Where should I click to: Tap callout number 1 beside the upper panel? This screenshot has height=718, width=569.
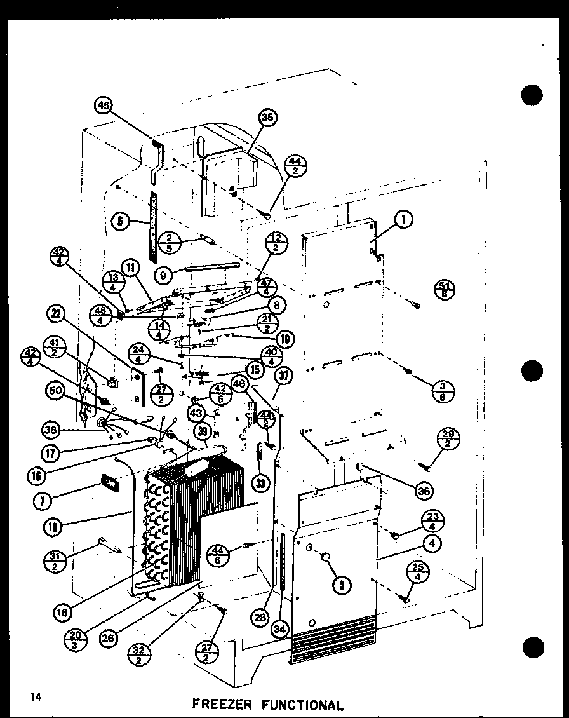click(x=402, y=220)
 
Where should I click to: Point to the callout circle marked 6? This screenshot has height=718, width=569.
click(x=120, y=222)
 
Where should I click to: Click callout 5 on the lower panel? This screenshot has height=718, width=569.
click(x=341, y=585)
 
